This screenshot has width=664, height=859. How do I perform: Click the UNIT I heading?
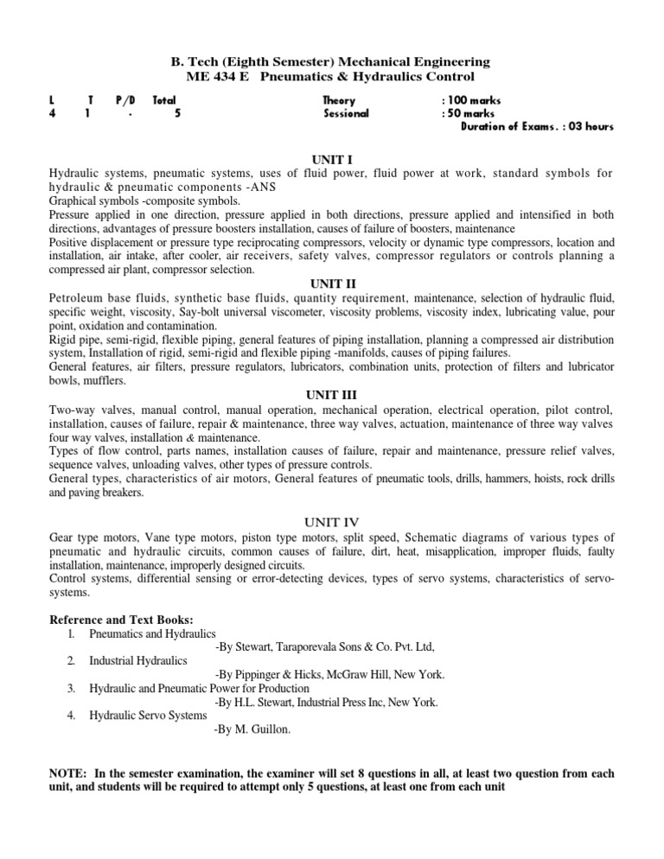click(x=332, y=160)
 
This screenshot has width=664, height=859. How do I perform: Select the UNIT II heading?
click(x=332, y=283)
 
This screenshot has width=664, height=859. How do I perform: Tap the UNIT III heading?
click(x=332, y=394)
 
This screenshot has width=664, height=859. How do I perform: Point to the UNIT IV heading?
click(x=332, y=521)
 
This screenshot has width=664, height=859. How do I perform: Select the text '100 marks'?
click(x=475, y=100)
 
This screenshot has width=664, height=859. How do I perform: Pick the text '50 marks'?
click(x=472, y=113)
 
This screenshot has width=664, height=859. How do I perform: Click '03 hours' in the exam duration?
click(x=589, y=126)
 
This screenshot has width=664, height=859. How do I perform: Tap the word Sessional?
click(x=346, y=113)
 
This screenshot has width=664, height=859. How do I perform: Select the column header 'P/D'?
click(x=125, y=100)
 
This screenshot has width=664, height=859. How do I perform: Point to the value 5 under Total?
click(x=176, y=113)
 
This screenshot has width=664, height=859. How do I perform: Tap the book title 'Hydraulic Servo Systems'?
click(x=148, y=716)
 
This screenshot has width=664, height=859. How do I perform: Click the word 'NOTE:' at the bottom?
click(x=68, y=773)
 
